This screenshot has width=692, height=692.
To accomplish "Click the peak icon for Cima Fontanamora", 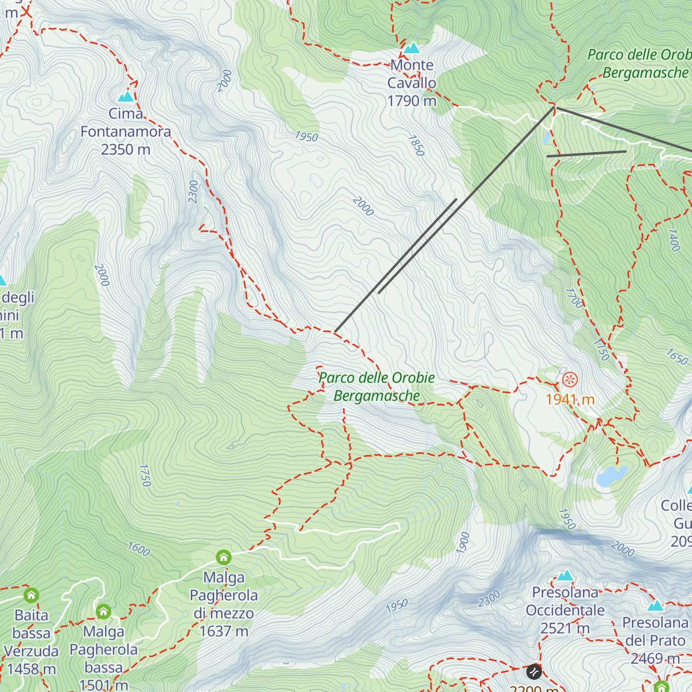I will click(126, 96).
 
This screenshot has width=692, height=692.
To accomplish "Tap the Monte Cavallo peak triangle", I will click(412, 48).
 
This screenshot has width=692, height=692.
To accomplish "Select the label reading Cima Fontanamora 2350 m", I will click(126, 131).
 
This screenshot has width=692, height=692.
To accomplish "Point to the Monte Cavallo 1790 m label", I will click(412, 83).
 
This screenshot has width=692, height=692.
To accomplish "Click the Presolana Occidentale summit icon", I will click(565, 576).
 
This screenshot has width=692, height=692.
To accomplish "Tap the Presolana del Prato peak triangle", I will click(656, 605).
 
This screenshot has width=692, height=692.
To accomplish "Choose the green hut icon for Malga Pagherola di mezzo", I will click(224, 557).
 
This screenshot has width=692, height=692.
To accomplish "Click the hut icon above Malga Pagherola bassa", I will click(104, 611).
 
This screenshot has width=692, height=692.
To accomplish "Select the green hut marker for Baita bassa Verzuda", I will click(31, 595).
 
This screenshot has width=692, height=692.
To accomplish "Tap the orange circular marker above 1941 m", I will click(570, 379).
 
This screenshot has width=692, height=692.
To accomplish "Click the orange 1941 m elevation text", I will click(570, 400).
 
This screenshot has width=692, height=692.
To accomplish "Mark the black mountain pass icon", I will click(534, 672).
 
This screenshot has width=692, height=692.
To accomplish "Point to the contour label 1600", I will click(139, 548).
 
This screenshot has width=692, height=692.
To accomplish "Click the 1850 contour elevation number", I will click(416, 145).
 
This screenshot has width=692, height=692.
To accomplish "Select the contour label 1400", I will click(674, 239).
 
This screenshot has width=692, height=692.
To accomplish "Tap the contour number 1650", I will click(677, 357).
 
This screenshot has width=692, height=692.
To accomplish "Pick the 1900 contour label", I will click(463, 543).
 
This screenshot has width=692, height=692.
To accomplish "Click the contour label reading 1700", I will click(574, 298).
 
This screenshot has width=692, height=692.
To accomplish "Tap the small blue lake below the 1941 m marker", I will click(612, 476).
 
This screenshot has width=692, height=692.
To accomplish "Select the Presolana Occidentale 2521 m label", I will click(565, 610).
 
